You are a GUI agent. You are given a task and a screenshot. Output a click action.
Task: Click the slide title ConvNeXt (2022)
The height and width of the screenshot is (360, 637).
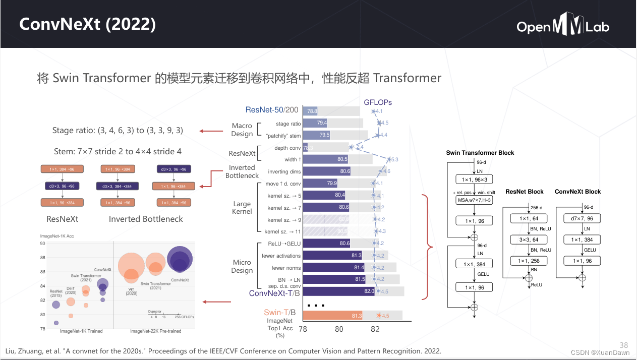tap(87, 24)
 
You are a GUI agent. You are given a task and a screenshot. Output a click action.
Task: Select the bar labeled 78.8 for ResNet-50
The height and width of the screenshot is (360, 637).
tap(310, 111)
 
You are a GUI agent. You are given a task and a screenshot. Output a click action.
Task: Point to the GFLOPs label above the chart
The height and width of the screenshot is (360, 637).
tap(378, 102)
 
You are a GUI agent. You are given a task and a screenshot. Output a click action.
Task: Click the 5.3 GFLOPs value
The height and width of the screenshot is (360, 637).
tap(393, 160)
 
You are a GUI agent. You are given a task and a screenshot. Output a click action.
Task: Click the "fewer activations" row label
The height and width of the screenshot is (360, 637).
tap(281, 256)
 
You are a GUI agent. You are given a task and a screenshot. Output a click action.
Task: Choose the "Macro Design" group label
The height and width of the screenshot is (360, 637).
tap(242, 130)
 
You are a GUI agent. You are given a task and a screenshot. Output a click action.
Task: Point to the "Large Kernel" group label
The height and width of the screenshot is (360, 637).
tap(242, 208)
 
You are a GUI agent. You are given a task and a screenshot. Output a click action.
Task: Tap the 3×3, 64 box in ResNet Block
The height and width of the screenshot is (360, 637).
tap(529, 239)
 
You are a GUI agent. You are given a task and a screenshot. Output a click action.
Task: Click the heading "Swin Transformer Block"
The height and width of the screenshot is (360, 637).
tap(480, 153)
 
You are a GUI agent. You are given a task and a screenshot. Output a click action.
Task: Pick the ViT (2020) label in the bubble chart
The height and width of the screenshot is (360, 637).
tap(132, 290)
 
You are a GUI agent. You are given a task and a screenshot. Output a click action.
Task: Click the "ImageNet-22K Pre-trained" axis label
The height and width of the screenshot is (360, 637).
tap(155, 331)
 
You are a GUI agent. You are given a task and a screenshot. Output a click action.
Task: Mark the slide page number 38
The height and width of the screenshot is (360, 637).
tap(624, 345)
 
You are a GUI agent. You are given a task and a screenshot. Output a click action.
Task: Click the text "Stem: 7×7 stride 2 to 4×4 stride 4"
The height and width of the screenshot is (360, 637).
tap(118, 151)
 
